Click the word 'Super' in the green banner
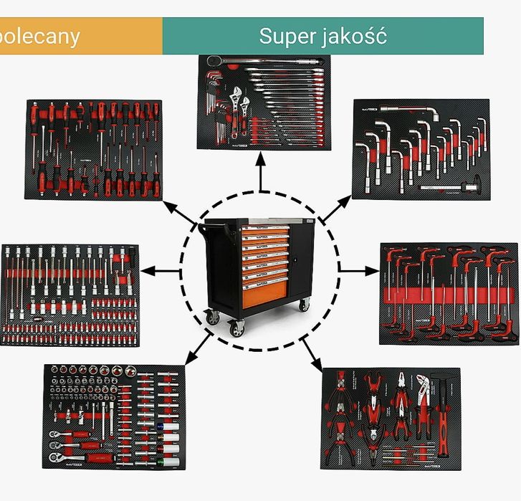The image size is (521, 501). tap(287, 36)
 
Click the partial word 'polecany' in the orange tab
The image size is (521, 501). tap(39, 37)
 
